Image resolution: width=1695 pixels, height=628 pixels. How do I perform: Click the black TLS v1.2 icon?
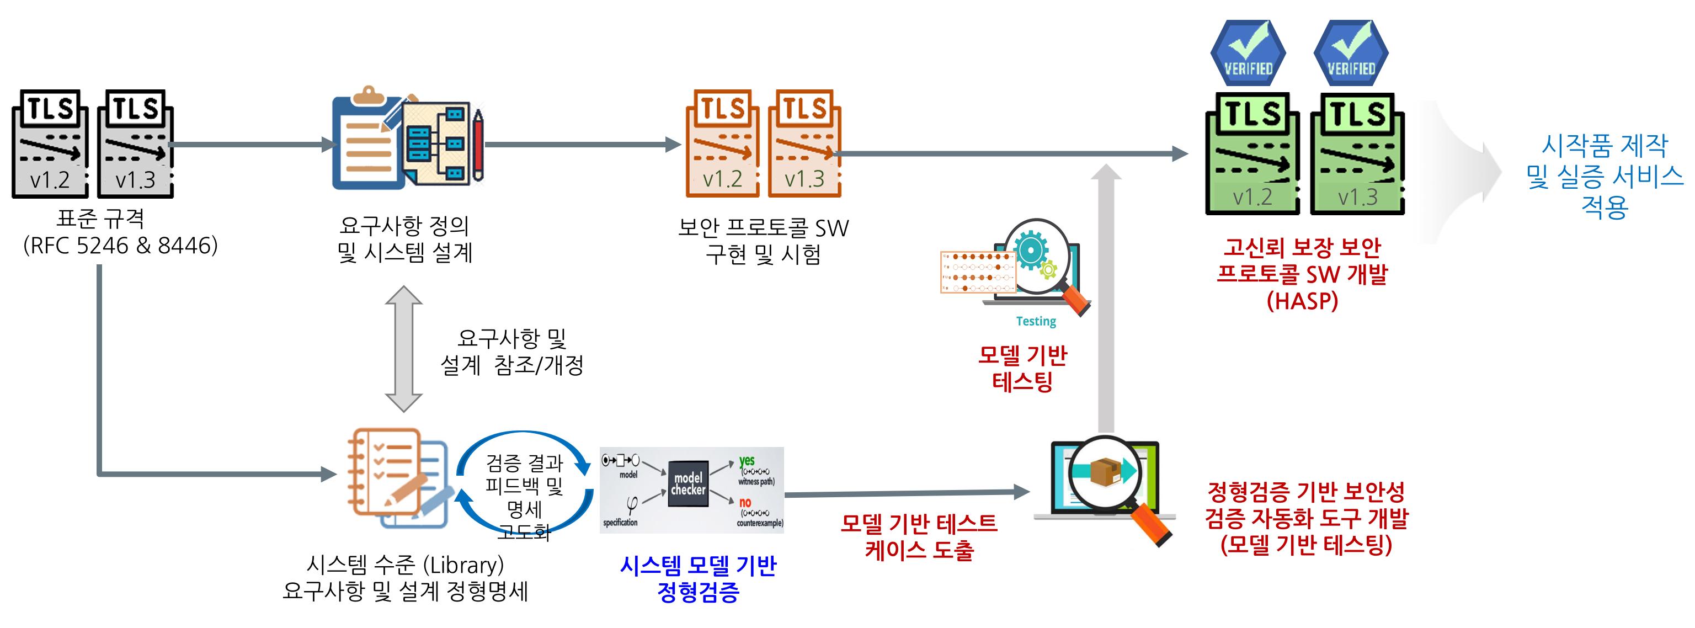pos(50,144)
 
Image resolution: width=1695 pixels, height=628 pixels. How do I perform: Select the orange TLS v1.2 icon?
pos(722,144)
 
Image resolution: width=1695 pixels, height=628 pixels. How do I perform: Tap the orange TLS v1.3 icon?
pos(804,144)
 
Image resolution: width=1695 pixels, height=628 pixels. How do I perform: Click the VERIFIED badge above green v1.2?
pos(1248,52)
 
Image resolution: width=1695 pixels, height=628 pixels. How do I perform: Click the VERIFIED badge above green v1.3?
pos(1351,52)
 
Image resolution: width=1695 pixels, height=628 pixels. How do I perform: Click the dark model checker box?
pos(688,484)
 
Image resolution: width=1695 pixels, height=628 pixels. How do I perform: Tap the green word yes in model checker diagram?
pos(746,460)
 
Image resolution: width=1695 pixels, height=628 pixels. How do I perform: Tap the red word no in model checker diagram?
pos(745,502)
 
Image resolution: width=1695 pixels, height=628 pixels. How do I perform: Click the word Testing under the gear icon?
pos(1036,321)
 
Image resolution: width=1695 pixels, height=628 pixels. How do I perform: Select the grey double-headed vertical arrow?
pos(403,349)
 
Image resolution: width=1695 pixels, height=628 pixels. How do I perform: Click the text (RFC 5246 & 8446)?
pos(120,246)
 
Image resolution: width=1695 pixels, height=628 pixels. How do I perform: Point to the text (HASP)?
pos(1302,301)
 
